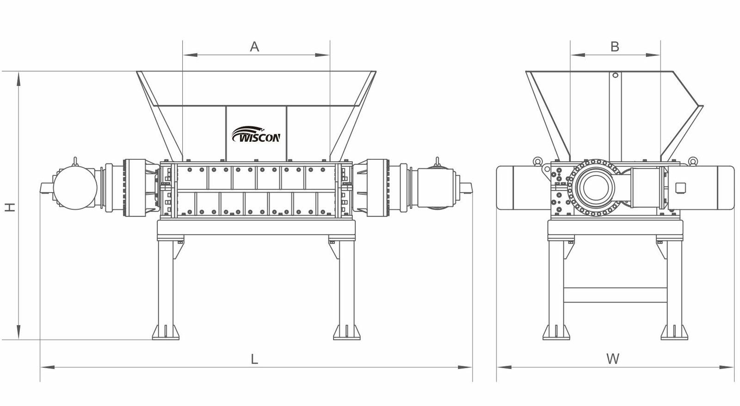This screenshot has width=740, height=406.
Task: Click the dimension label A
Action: point(254,47)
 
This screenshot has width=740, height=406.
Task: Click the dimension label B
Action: point(615,47)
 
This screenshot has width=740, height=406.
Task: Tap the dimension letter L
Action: point(254,359)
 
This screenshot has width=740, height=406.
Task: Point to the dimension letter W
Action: point(613,359)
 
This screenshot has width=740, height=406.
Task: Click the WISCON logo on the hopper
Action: point(256,135)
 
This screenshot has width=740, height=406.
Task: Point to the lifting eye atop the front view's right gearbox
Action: point(437,161)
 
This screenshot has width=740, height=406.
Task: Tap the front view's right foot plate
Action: point(347,332)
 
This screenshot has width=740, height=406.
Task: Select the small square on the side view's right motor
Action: point(680,188)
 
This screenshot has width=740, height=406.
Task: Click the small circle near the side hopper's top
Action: point(615,75)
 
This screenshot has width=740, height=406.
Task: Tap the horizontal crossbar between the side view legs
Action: point(615,296)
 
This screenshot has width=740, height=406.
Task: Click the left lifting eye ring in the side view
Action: point(537,161)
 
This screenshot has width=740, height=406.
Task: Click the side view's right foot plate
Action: point(674,332)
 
